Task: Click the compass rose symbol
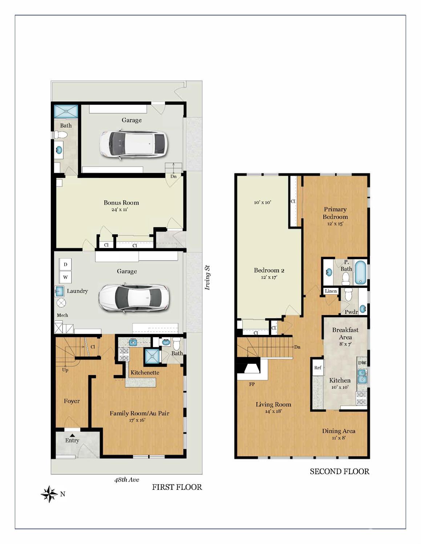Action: click(x=49, y=494)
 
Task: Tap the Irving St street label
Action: click(x=207, y=277)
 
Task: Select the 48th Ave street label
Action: click(x=126, y=479)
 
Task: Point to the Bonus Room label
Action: click(x=121, y=203)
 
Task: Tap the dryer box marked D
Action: click(x=65, y=264)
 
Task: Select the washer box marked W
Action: click(x=65, y=277)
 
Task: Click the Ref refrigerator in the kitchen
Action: click(x=318, y=368)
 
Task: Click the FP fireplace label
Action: click(x=252, y=384)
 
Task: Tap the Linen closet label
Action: click(x=331, y=291)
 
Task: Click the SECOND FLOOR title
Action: click(x=339, y=471)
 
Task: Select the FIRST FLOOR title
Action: click(x=177, y=487)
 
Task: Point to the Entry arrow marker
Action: click(x=72, y=435)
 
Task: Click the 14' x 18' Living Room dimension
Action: click(x=273, y=411)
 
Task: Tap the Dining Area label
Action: click(x=339, y=431)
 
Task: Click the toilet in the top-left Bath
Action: click(x=61, y=135)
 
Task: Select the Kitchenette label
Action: click(x=145, y=373)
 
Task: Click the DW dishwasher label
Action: click(x=362, y=363)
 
